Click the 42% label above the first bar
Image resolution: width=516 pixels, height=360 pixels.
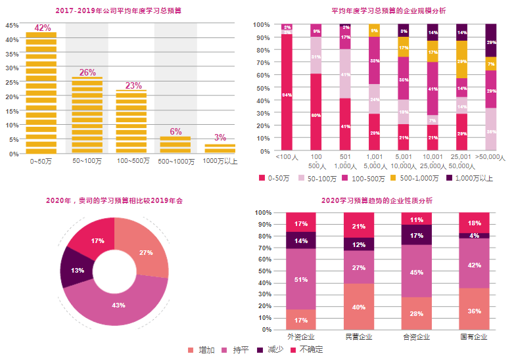coord(42,28)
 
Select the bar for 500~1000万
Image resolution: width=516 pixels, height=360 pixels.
coord(176,145)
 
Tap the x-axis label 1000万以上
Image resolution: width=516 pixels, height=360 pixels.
coord(220,160)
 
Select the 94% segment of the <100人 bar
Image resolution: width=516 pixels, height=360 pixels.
coord(287,94)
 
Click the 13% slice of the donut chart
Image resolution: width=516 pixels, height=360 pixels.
coord(76,270)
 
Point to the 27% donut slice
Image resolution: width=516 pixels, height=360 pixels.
coord(147,252)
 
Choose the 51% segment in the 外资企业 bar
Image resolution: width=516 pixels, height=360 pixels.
coord(301,279)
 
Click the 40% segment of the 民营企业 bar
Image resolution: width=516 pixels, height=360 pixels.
coord(359,306)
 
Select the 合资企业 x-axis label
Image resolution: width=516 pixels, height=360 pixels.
coord(417,337)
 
